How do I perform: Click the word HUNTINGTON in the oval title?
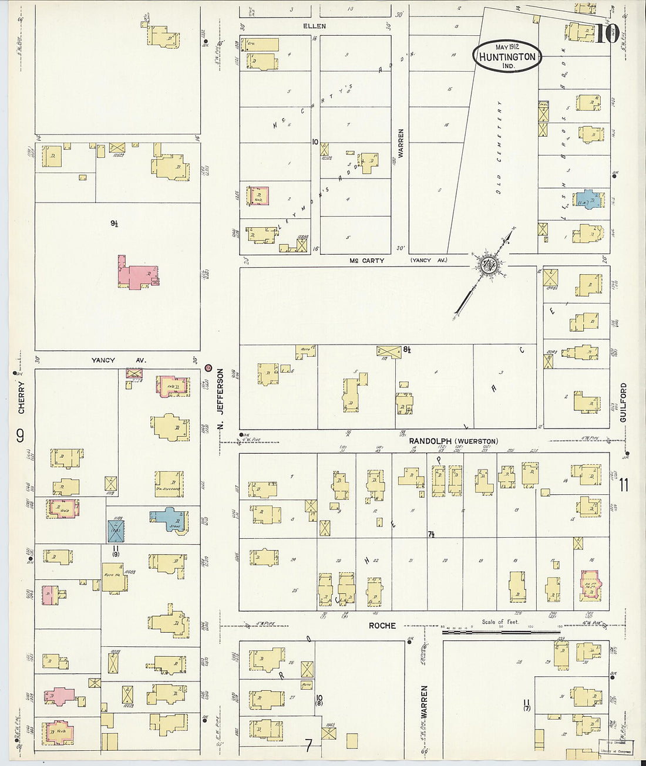point(506,57)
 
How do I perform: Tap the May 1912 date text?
point(506,46)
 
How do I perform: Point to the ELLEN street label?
point(314,26)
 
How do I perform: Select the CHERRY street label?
point(21,398)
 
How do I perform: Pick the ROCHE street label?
point(382,626)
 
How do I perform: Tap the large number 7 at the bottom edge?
point(308,747)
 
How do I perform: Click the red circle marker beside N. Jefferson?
point(208,368)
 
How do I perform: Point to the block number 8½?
point(406,349)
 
